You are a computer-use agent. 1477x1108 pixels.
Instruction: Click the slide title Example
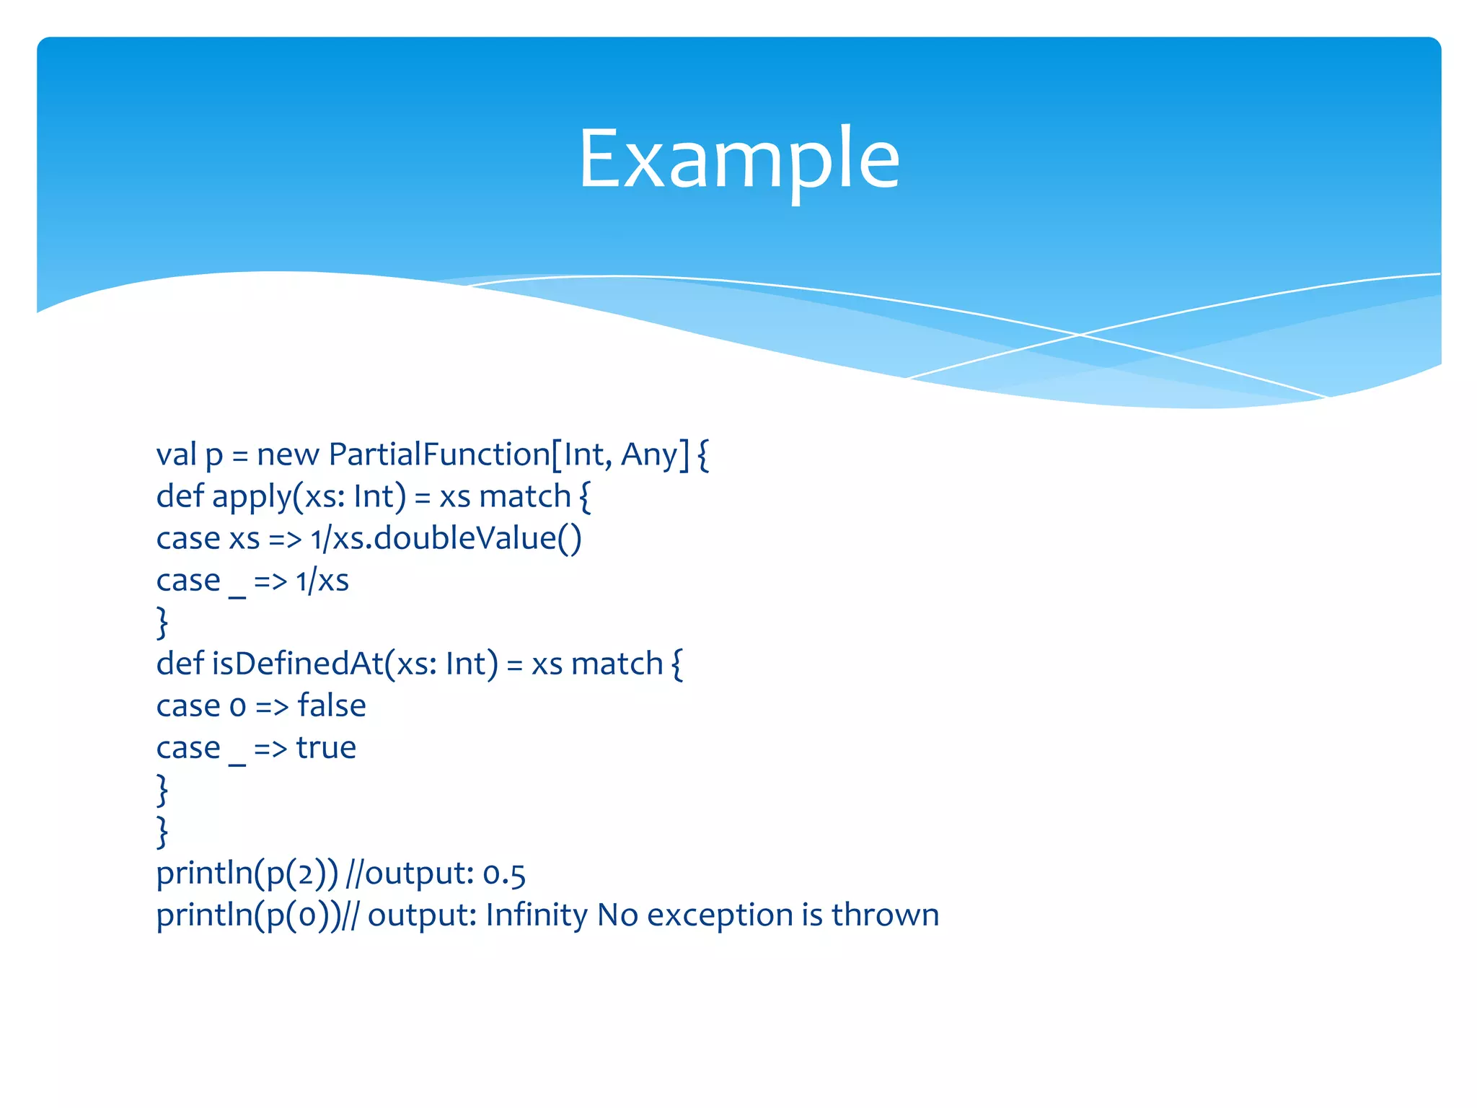tap(738, 159)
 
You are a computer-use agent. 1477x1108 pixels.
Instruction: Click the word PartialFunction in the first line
tap(439, 455)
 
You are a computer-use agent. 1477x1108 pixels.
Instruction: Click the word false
tap(332, 706)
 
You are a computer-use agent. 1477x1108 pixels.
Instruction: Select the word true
tap(326, 748)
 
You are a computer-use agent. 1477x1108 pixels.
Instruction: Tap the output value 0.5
tap(504, 874)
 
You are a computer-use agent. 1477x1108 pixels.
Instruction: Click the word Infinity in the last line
tap(537, 915)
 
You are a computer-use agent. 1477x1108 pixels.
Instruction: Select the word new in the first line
tap(288, 455)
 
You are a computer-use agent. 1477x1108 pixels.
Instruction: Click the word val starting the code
tap(176, 455)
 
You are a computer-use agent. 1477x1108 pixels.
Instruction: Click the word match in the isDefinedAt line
tap(617, 664)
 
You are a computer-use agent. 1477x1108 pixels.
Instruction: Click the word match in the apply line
tap(525, 498)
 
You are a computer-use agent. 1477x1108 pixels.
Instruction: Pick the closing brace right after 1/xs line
tap(162, 623)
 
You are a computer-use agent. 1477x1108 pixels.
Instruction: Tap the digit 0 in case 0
tap(238, 708)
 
